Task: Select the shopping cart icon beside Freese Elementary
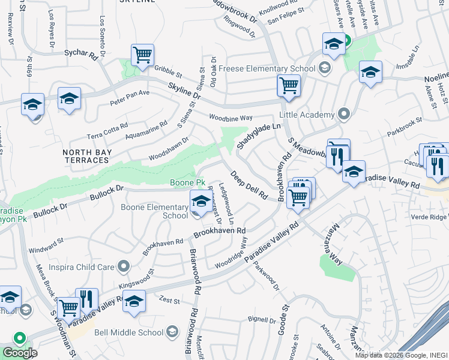pyautogui.click(x=289, y=86)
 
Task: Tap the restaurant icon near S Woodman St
pyautogui.click(x=87, y=299)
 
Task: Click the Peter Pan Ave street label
pyautogui.click(x=130, y=98)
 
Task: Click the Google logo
pyautogui.click(x=20, y=353)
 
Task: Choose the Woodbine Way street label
pyautogui.click(x=231, y=118)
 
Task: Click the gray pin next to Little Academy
pyautogui.click(x=344, y=113)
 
